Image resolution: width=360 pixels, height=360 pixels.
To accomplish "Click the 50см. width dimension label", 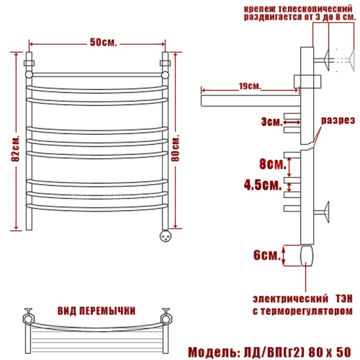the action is pos(104,42).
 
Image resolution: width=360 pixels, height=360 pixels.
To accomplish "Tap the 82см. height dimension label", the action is pos(16,149).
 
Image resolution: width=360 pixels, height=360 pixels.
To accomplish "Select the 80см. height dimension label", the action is pos(176,148).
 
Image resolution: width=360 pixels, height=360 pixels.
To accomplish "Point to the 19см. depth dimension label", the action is pos(250,86).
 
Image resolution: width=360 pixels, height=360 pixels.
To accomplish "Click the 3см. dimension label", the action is pos(272,122).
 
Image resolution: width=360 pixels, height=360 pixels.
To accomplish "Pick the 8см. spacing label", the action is pos(273,164).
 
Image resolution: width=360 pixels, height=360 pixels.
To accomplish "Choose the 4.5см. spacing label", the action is pos(263,185).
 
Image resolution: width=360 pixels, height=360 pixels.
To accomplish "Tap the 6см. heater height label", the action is pos(267,255).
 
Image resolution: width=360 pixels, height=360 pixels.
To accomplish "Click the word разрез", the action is pos(338,120).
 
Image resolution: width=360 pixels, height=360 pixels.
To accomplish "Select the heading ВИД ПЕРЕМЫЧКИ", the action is pos(96,311).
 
